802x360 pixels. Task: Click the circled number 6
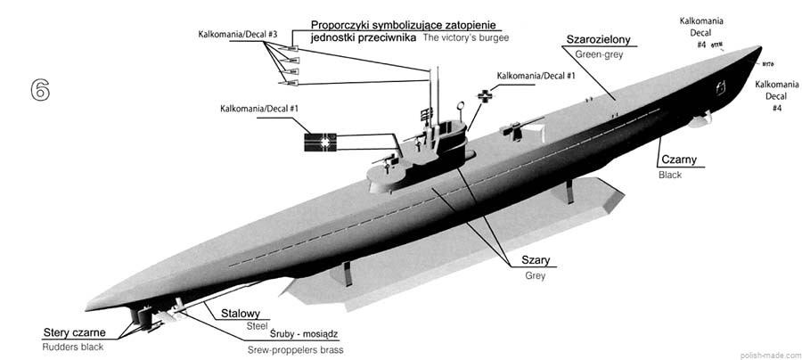[39, 90]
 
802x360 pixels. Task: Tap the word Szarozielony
[599, 40]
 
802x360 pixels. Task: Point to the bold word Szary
[536, 260]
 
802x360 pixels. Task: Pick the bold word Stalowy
[240, 313]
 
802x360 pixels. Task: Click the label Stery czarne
[80, 332]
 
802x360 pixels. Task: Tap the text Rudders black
[73, 348]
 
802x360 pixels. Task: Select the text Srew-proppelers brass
[295, 350]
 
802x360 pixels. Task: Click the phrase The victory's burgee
[468, 38]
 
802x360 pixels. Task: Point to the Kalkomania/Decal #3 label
[238, 35]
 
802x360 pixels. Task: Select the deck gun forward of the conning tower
[511, 129]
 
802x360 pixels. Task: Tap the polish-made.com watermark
[769, 354]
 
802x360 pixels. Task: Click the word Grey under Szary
[535, 275]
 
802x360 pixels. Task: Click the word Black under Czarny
[669, 176]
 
